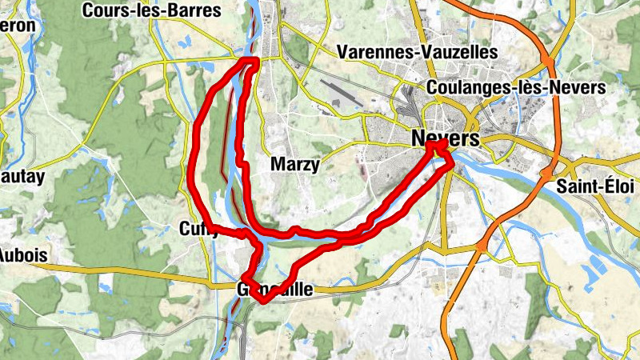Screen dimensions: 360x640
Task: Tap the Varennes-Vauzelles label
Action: coord(418,52)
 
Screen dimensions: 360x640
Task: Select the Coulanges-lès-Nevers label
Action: coord(517,87)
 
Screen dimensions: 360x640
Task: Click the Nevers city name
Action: coord(446,138)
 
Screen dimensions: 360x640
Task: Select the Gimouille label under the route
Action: coord(275,290)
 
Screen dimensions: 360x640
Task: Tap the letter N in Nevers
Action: coord(418,138)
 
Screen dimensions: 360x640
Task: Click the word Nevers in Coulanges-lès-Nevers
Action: coord(577,87)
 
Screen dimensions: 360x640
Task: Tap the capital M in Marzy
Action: coord(278,165)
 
